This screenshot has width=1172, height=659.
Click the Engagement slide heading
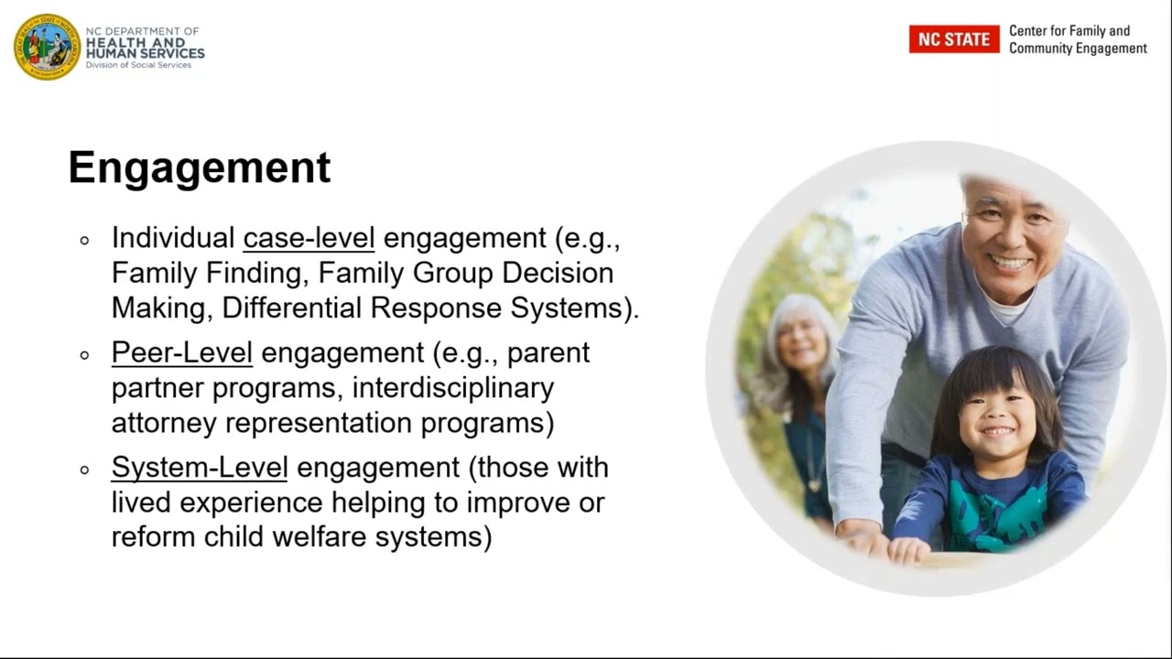[199, 168]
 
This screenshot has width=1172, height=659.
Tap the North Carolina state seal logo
[47, 47]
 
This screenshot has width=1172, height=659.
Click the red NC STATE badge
[953, 39]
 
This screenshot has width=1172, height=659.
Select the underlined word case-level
[309, 238]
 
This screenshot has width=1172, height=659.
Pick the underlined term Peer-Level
[181, 352]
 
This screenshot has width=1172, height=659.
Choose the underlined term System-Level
[200, 467]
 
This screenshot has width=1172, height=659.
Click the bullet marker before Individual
[85, 241]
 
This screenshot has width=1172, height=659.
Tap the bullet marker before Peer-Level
[85, 355]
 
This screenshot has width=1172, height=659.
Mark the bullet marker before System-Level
[85, 470]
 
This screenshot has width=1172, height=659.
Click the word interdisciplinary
[452, 388]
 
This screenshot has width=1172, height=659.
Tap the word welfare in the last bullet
[320, 536]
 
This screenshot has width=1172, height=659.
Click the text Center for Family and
[1069, 31]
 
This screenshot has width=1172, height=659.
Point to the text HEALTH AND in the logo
[135, 42]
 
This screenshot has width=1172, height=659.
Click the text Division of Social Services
[138, 65]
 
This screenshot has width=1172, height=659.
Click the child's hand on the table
[908, 549]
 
